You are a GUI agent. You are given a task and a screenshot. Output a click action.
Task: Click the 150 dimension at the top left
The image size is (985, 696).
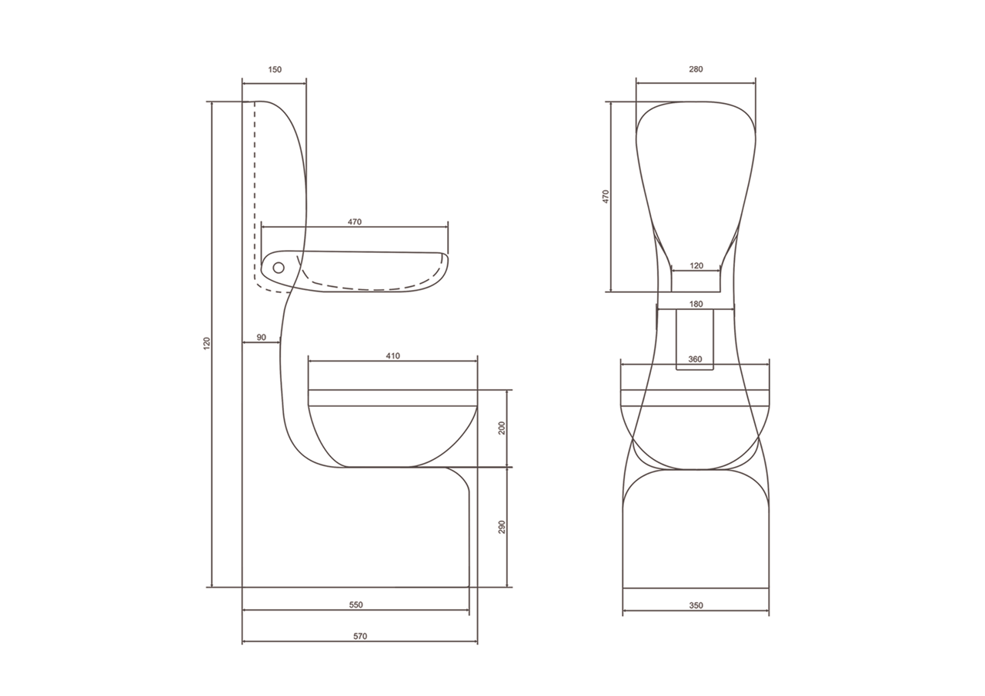point(275,69)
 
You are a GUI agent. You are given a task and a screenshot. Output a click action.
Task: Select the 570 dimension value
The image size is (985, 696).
point(359,636)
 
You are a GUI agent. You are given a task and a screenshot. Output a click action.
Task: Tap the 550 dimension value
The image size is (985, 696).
point(356,604)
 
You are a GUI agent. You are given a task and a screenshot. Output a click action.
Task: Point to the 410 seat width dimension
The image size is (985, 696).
point(392,356)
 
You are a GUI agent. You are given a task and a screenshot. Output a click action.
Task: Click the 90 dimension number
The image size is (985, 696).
point(261,338)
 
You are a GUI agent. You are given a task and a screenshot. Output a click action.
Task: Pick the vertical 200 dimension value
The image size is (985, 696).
point(503,428)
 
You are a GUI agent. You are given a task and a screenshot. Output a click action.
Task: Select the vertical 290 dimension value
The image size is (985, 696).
point(503,527)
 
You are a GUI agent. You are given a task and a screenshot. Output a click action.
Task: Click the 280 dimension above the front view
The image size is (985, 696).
point(696,69)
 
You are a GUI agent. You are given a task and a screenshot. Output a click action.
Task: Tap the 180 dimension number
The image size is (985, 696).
point(696,304)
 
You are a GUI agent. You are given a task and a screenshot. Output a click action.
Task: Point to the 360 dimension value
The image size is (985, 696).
point(695,359)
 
